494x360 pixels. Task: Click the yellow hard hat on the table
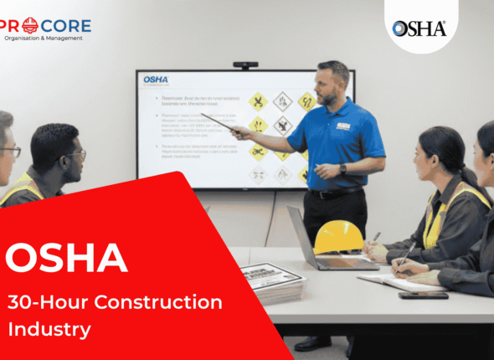pos(338,237)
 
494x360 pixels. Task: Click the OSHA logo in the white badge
pos(419,28)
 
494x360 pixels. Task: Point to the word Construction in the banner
pos(168,302)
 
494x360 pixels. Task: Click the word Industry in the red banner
pos(49,329)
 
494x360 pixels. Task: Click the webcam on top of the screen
pos(245,64)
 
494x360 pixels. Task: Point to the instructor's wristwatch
pos(342,168)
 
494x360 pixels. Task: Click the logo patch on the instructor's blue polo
pos(343,126)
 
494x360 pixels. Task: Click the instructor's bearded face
pos(332,83)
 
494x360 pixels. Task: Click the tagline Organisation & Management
pos(47,38)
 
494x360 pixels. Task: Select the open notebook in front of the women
pos(394,281)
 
